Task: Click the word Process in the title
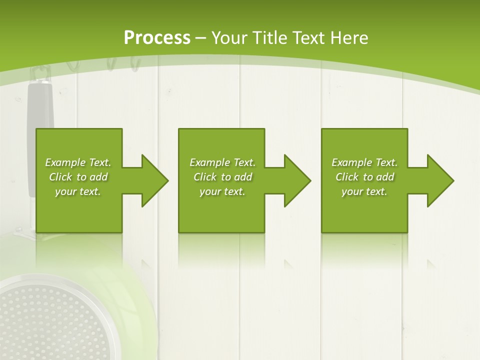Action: tap(157, 38)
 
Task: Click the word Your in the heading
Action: tap(227, 38)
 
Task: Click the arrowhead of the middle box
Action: tap(297, 180)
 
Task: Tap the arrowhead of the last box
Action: tap(440, 180)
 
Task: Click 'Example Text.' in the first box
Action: tap(78, 162)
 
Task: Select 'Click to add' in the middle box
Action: tap(222, 177)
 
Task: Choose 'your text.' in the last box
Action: tap(364, 191)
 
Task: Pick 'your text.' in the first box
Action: tap(78, 191)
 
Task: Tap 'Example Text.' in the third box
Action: tap(364, 162)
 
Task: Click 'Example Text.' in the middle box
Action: tap(222, 162)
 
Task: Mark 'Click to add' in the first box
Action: tap(78, 177)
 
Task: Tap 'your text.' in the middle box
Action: tap(222, 191)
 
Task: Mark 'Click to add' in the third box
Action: tap(364, 177)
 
